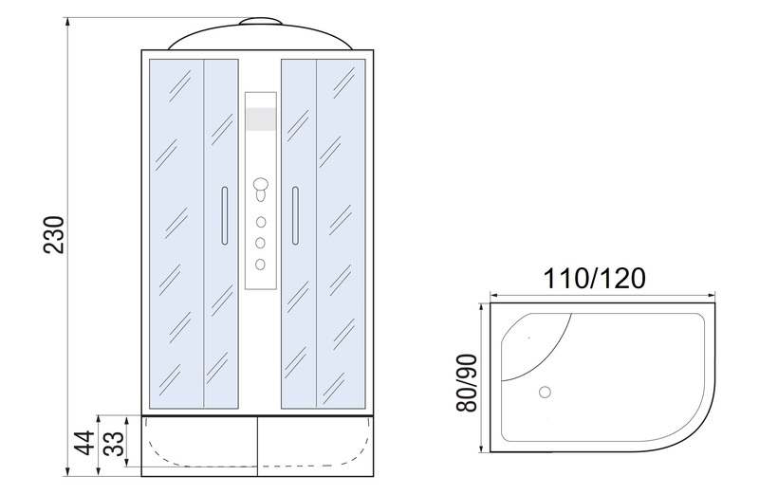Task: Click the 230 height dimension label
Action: point(54,235)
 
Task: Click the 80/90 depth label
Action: point(467,383)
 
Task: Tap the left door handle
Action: point(224,215)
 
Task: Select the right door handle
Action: point(295,215)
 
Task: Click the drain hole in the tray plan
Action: point(545,392)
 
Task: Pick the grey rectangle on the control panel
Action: point(261,119)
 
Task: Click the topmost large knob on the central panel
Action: point(261,185)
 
